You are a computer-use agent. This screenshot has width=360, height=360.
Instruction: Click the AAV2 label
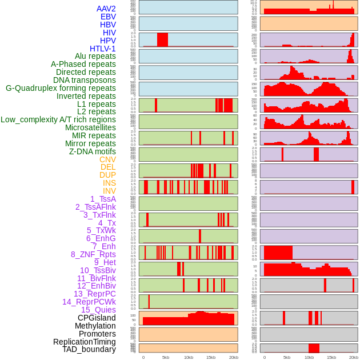point(106,9)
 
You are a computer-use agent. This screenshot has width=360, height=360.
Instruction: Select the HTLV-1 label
point(103,49)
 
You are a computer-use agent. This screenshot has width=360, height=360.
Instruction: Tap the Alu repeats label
point(95,57)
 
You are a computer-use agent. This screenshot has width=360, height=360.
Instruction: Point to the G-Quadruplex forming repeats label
point(61,88)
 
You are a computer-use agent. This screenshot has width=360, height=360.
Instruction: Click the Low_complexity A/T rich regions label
point(58,119)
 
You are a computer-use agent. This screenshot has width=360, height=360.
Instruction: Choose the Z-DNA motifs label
point(93,151)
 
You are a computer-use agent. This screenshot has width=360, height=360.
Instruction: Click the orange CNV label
point(107,159)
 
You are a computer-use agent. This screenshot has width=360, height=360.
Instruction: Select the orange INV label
point(109,191)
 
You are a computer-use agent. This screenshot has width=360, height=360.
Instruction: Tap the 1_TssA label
point(103,199)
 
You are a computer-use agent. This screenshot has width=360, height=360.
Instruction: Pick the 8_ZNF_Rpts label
point(93,254)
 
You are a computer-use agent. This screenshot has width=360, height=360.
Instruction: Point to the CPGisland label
point(97,318)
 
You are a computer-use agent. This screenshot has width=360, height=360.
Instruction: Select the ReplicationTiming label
point(84,342)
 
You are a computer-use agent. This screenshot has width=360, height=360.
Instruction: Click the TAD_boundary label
point(89,349)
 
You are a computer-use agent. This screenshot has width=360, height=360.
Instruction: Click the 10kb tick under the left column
point(188,357)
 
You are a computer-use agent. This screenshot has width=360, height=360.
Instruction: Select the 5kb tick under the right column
point(287,357)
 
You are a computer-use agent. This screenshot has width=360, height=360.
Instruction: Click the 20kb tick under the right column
point(354,357)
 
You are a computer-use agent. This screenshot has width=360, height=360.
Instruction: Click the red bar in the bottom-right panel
point(314,348)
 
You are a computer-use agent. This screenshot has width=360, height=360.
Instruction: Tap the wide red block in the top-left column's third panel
point(162,40)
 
